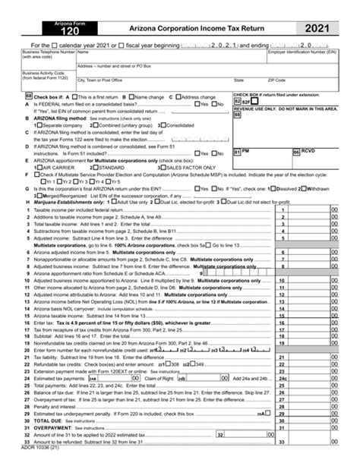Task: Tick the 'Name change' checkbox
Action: (129, 98)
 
